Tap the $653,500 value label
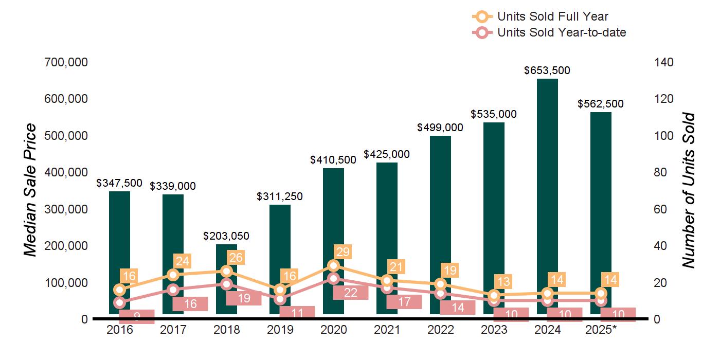pos(547,70)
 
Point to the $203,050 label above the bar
pos(226,236)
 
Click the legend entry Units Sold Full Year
pos(552,16)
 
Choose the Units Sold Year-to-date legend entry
pos(561,32)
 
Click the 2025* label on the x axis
pos(601,330)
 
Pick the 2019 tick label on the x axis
pos(280,330)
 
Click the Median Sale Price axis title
pos(31,190)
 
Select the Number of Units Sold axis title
pos(688,190)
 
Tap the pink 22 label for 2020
pos(350,292)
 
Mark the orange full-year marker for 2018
pos(226,271)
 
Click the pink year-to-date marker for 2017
pos(173,290)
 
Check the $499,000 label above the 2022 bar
pos(440,128)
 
